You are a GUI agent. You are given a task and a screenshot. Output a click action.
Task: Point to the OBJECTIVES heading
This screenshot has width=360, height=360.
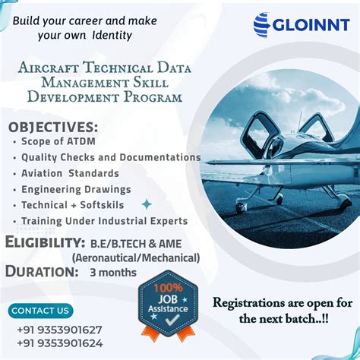53,125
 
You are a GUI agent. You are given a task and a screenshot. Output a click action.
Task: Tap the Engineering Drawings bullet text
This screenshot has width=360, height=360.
76,189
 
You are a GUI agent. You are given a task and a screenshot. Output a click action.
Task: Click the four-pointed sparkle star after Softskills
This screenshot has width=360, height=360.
147,204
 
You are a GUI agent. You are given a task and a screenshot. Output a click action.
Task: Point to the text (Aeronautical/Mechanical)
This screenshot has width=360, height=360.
136,257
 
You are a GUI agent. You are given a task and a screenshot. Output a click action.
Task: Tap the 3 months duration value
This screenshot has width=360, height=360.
113,271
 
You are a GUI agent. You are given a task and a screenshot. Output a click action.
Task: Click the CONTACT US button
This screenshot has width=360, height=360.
42,310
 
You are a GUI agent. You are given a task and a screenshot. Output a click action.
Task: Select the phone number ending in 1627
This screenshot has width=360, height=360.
59,329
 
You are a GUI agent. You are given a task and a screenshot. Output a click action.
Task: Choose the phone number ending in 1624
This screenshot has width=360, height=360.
59,343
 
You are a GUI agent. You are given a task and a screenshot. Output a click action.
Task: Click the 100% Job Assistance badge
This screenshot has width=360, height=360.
167,306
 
